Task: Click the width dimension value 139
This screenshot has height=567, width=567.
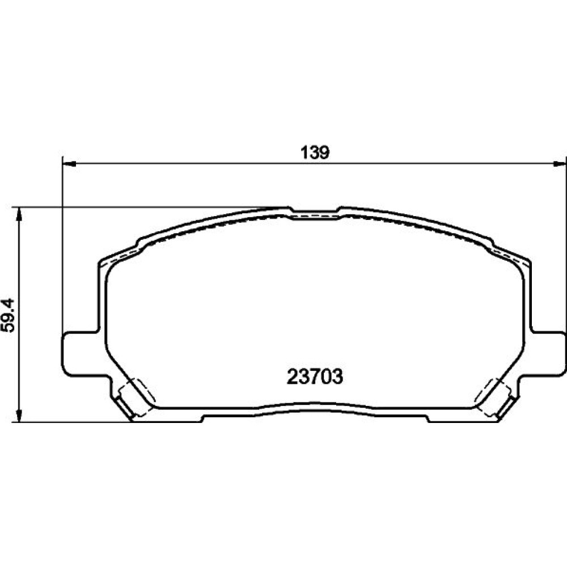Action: click(315, 153)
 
